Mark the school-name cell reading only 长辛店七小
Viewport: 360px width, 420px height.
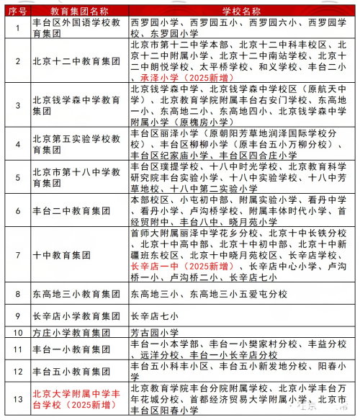153,315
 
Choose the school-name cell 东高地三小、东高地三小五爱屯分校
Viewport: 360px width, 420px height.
208,294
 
